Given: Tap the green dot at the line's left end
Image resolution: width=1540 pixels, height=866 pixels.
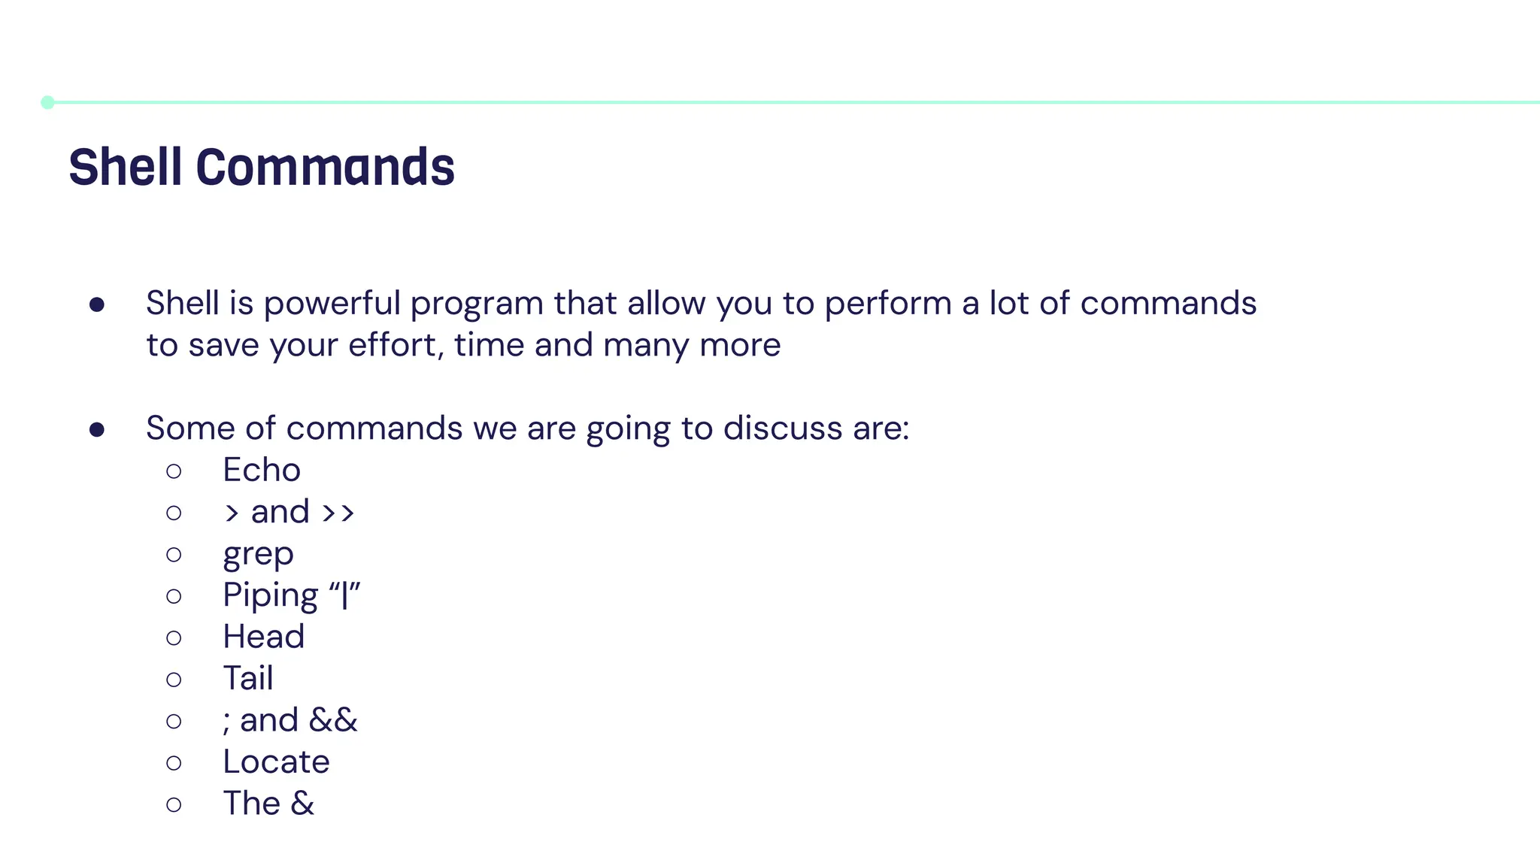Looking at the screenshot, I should click(47, 102).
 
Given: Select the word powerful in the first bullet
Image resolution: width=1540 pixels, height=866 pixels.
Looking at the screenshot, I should click(332, 304).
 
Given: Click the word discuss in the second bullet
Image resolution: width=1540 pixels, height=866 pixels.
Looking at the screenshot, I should click(782, 428).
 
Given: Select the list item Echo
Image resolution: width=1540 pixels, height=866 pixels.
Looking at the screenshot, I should click(262, 470).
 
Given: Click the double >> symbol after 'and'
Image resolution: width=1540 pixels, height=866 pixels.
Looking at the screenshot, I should click(338, 513).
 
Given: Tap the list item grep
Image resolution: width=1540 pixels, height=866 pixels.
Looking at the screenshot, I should click(258, 555).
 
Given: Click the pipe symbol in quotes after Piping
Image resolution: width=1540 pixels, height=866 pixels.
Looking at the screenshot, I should click(344, 595).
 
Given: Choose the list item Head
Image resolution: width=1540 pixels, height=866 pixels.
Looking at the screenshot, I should click(263, 637).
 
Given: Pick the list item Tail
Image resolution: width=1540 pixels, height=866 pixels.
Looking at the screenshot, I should click(247, 678).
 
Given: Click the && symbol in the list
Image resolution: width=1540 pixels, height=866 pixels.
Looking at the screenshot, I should click(332, 720).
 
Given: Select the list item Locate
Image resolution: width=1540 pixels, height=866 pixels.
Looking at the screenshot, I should click(276, 762).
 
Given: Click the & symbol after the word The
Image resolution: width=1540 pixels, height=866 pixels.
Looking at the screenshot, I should click(302, 804).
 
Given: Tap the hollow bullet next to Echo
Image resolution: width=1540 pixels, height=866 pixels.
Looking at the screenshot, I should click(174, 471).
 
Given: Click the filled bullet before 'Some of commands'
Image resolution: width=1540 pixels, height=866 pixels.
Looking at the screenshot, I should click(96, 429).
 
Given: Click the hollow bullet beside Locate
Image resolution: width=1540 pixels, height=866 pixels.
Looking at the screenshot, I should click(174, 763).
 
